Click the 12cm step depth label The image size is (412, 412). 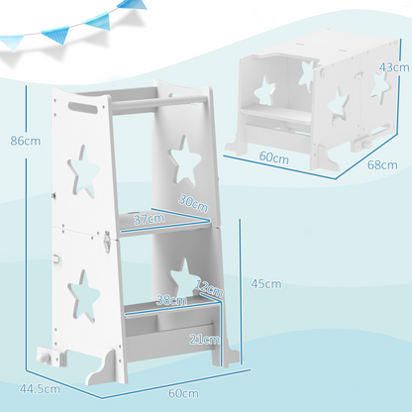tap(210, 290)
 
